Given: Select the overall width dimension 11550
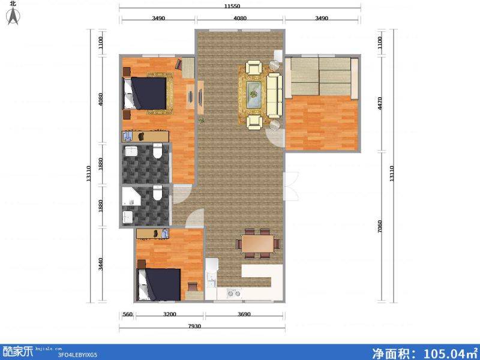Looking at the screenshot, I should [x=240, y=6].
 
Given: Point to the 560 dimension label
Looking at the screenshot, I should [x=127, y=314].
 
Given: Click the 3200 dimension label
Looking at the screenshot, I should [x=169, y=314].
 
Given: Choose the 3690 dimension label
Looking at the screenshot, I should [x=244, y=314].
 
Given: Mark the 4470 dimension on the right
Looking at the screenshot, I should [x=379, y=106].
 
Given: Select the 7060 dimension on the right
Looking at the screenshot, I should [x=379, y=229].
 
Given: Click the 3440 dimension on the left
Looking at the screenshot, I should [x=101, y=264].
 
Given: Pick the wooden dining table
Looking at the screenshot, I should [x=258, y=243].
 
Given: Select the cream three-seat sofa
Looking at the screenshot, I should [x=274, y=95].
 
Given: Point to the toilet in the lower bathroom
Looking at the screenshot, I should [x=158, y=193].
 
